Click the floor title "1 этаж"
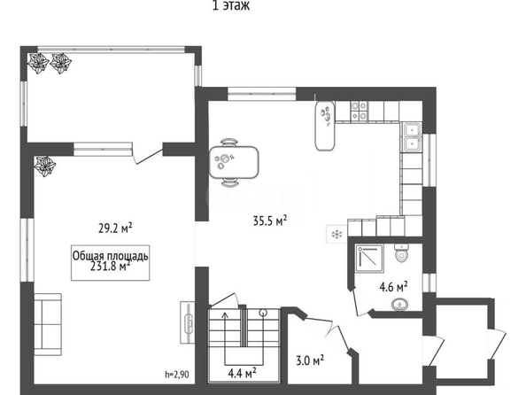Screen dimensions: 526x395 231,5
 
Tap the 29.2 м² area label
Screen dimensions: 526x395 115,228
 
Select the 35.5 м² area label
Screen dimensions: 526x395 270,221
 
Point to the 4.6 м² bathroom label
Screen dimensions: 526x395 393,287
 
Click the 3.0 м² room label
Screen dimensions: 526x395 310,360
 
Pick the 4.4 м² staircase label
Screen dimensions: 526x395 243,373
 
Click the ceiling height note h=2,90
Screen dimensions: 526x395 177,375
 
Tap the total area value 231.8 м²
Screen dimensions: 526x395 111,266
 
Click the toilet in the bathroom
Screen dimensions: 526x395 401,252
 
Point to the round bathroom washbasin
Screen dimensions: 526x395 400,305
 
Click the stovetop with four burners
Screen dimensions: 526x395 359,111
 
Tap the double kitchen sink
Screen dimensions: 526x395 412,137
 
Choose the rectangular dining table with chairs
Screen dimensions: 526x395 234,162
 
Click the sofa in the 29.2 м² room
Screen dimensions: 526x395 48,324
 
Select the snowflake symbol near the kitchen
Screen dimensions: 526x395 336,234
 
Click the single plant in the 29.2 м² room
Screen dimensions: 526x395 44,166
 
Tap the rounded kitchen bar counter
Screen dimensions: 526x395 325,126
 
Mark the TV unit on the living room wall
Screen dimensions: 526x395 188,322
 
